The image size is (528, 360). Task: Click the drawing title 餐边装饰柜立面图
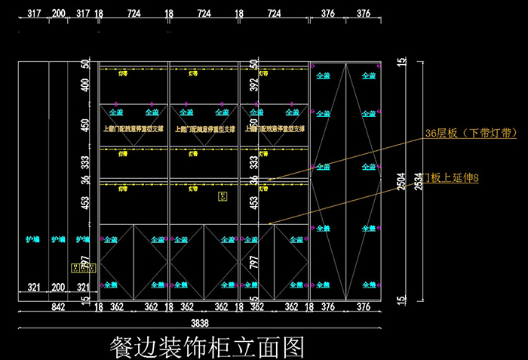pyautogui.click(x=207, y=346)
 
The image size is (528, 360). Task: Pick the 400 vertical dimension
pyautogui.click(x=85, y=85)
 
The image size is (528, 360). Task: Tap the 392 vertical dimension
pyautogui.click(x=254, y=85)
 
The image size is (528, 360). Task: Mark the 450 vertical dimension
pyautogui.click(x=85, y=125)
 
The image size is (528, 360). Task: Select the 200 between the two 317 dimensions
pyautogui.click(x=58, y=13)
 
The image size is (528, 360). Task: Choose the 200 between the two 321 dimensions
pyautogui.click(x=58, y=288)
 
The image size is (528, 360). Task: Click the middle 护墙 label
pyautogui.click(x=58, y=240)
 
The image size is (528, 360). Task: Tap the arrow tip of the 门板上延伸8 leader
pyautogui.click(x=269, y=223)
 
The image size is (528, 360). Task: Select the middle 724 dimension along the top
pyautogui.click(x=204, y=13)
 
